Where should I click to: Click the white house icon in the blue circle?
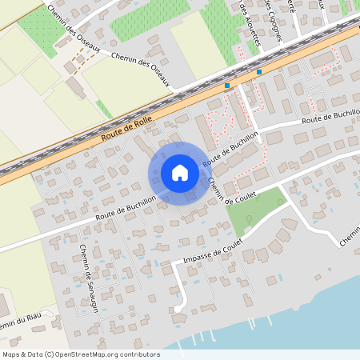click(180, 173)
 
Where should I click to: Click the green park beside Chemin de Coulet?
click(254, 210)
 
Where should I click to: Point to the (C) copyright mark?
click(50, 354)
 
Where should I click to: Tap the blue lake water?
click(320, 328)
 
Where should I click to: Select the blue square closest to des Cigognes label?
click(259, 72)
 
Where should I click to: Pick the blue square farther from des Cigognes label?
click(227, 85)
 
